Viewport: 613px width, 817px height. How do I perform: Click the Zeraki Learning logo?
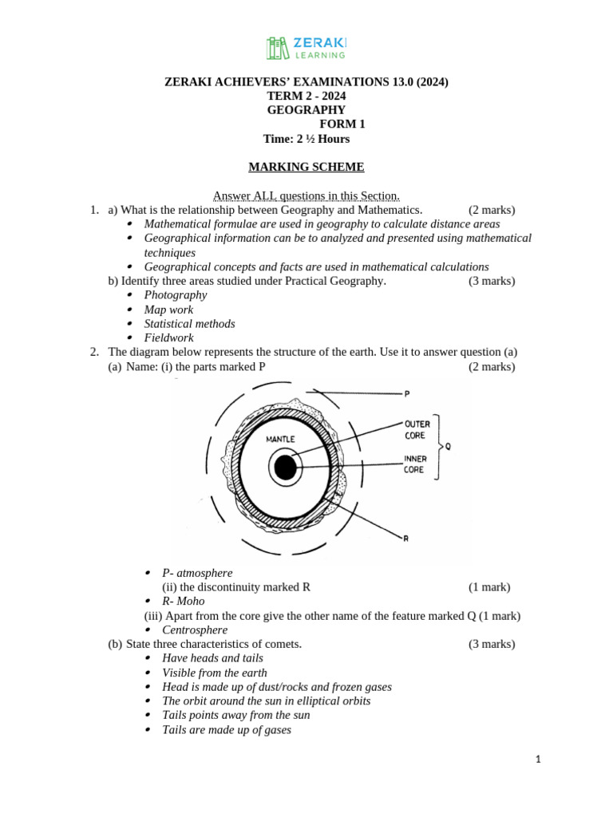point(306,47)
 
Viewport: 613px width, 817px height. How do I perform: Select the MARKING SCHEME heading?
point(306,167)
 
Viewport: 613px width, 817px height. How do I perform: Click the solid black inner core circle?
point(285,468)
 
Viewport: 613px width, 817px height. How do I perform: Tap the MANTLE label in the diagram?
point(280,439)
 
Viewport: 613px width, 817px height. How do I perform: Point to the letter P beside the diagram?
point(407,393)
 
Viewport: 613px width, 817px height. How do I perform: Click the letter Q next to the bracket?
point(448,447)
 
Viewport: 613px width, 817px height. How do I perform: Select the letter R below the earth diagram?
point(405,539)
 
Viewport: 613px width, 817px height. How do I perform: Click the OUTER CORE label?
point(417,430)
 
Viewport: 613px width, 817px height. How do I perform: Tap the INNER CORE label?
point(416,464)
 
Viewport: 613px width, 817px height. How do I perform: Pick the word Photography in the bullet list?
point(176,295)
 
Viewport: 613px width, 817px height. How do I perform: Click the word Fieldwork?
point(169,338)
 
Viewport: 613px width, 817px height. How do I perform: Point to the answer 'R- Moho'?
point(183,601)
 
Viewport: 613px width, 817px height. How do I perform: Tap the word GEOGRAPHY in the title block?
point(306,110)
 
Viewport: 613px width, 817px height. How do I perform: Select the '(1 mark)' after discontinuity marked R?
point(488,587)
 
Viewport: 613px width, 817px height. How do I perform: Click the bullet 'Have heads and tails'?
point(212,658)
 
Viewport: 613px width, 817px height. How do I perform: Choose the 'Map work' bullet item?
point(168,310)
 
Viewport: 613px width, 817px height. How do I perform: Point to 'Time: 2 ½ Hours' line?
point(306,139)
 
